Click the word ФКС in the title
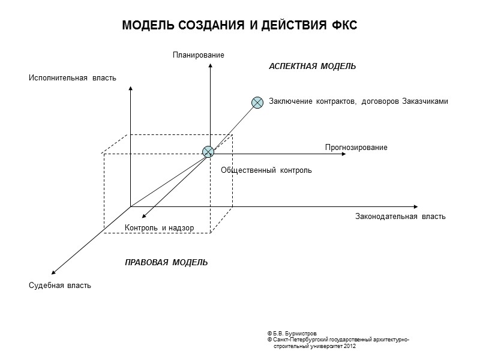pos(344,26)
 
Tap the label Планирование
pos(198,55)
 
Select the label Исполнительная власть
pos(72,78)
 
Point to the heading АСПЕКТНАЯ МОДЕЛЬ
pos(312,67)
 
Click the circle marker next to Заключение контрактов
pos(257,102)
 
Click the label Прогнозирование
pos(356,148)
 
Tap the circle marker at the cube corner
pos(208,152)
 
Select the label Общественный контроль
pos(266,170)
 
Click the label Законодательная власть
pos(400,217)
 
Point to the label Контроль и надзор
pos(159,228)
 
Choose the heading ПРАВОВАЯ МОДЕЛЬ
pos(166,263)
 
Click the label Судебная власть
pos(60,285)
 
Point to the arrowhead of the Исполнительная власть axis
pos(130,89)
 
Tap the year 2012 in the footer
pos(350,346)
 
